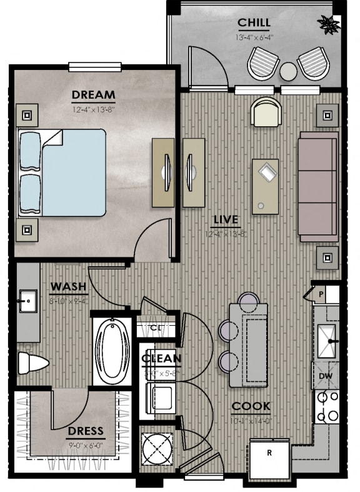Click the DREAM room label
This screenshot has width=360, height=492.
tap(93, 96)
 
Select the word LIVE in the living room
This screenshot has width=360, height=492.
tap(226, 220)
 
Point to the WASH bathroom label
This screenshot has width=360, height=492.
tap(68, 287)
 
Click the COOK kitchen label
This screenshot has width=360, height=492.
tap(251, 406)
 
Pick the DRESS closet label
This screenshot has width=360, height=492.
tap(86, 431)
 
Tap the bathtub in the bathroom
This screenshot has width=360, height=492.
tap(112, 349)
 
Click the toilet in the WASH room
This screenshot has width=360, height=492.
tap(32, 363)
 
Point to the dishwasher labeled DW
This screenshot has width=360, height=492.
tap(326, 375)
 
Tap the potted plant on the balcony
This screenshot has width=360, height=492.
tap(328, 25)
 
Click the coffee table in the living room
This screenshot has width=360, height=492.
tap(266, 186)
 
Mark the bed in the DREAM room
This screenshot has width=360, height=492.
tap(62, 173)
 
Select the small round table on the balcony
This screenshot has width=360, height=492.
tap(288, 71)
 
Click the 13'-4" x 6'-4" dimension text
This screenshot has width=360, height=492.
tap(254, 38)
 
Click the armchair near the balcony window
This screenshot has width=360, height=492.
tap(266, 113)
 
